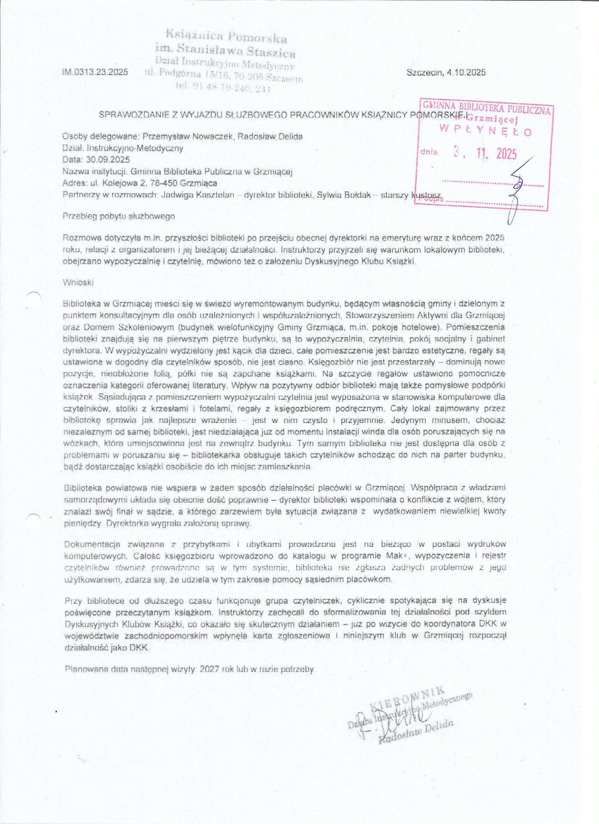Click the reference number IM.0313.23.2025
[95, 72]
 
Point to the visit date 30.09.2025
[108, 160]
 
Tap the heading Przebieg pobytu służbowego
[119, 216]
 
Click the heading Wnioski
[78, 283]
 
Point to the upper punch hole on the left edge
[33, 298]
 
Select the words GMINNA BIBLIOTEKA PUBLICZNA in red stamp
[487, 108]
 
